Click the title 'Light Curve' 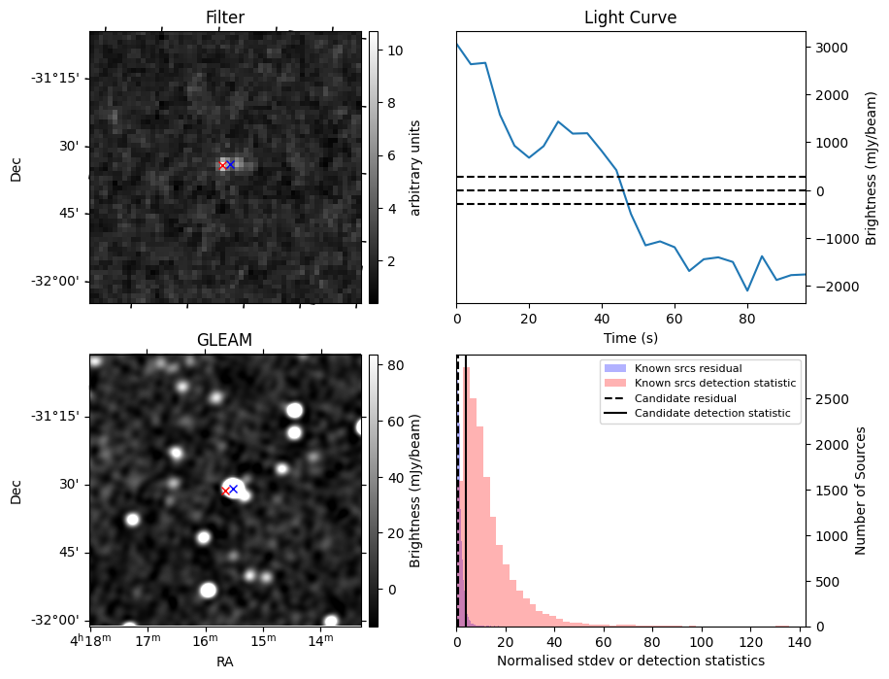point(630,17)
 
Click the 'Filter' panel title point(224,17)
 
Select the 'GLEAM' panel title point(224,340)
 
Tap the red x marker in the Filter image point(222,165)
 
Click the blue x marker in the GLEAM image point(233,489)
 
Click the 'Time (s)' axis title point(630,337)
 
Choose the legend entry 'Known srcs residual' point(687,368)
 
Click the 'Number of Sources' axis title point(860,491)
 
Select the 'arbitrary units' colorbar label point(414,167)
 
